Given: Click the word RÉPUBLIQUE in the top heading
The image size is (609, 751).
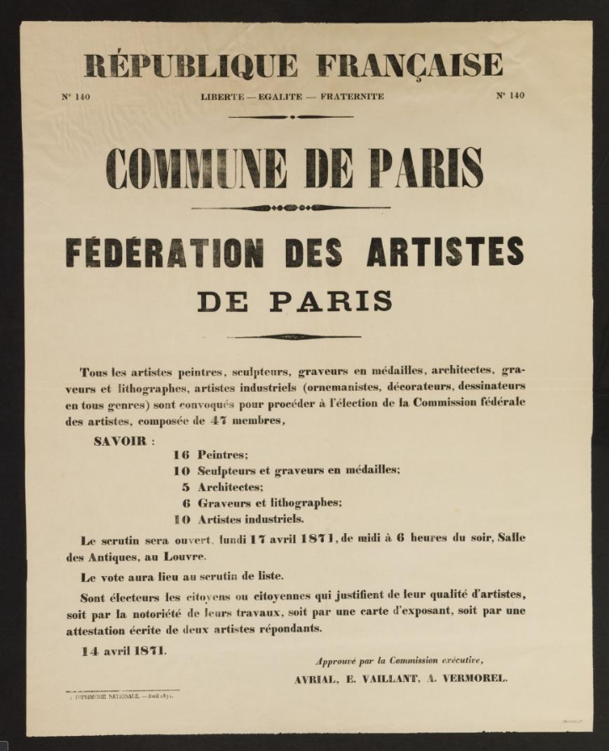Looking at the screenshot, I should (191, 65).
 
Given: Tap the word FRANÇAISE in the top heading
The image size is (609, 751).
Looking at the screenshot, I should (410, 65).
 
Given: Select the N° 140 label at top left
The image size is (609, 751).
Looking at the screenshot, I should (76, 96).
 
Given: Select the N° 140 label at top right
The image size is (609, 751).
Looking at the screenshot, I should (510, 95).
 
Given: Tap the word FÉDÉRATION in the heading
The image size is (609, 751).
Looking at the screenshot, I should (165, 252).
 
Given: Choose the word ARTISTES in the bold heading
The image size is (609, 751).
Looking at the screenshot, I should (445, 251).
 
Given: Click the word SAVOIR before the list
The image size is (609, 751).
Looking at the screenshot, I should (117, 440).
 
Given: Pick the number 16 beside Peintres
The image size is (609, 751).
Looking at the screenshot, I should (181, 454).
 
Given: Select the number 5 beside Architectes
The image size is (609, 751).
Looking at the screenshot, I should (185, 486).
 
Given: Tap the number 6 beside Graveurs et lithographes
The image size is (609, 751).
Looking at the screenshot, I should (185, 502).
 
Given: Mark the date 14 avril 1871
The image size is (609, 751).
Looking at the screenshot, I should (124, 650).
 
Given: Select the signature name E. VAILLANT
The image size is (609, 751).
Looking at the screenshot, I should (381, 679).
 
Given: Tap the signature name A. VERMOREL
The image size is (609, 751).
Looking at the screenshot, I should (469, 679).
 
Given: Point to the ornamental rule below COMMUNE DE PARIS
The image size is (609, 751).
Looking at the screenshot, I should (290, 207).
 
